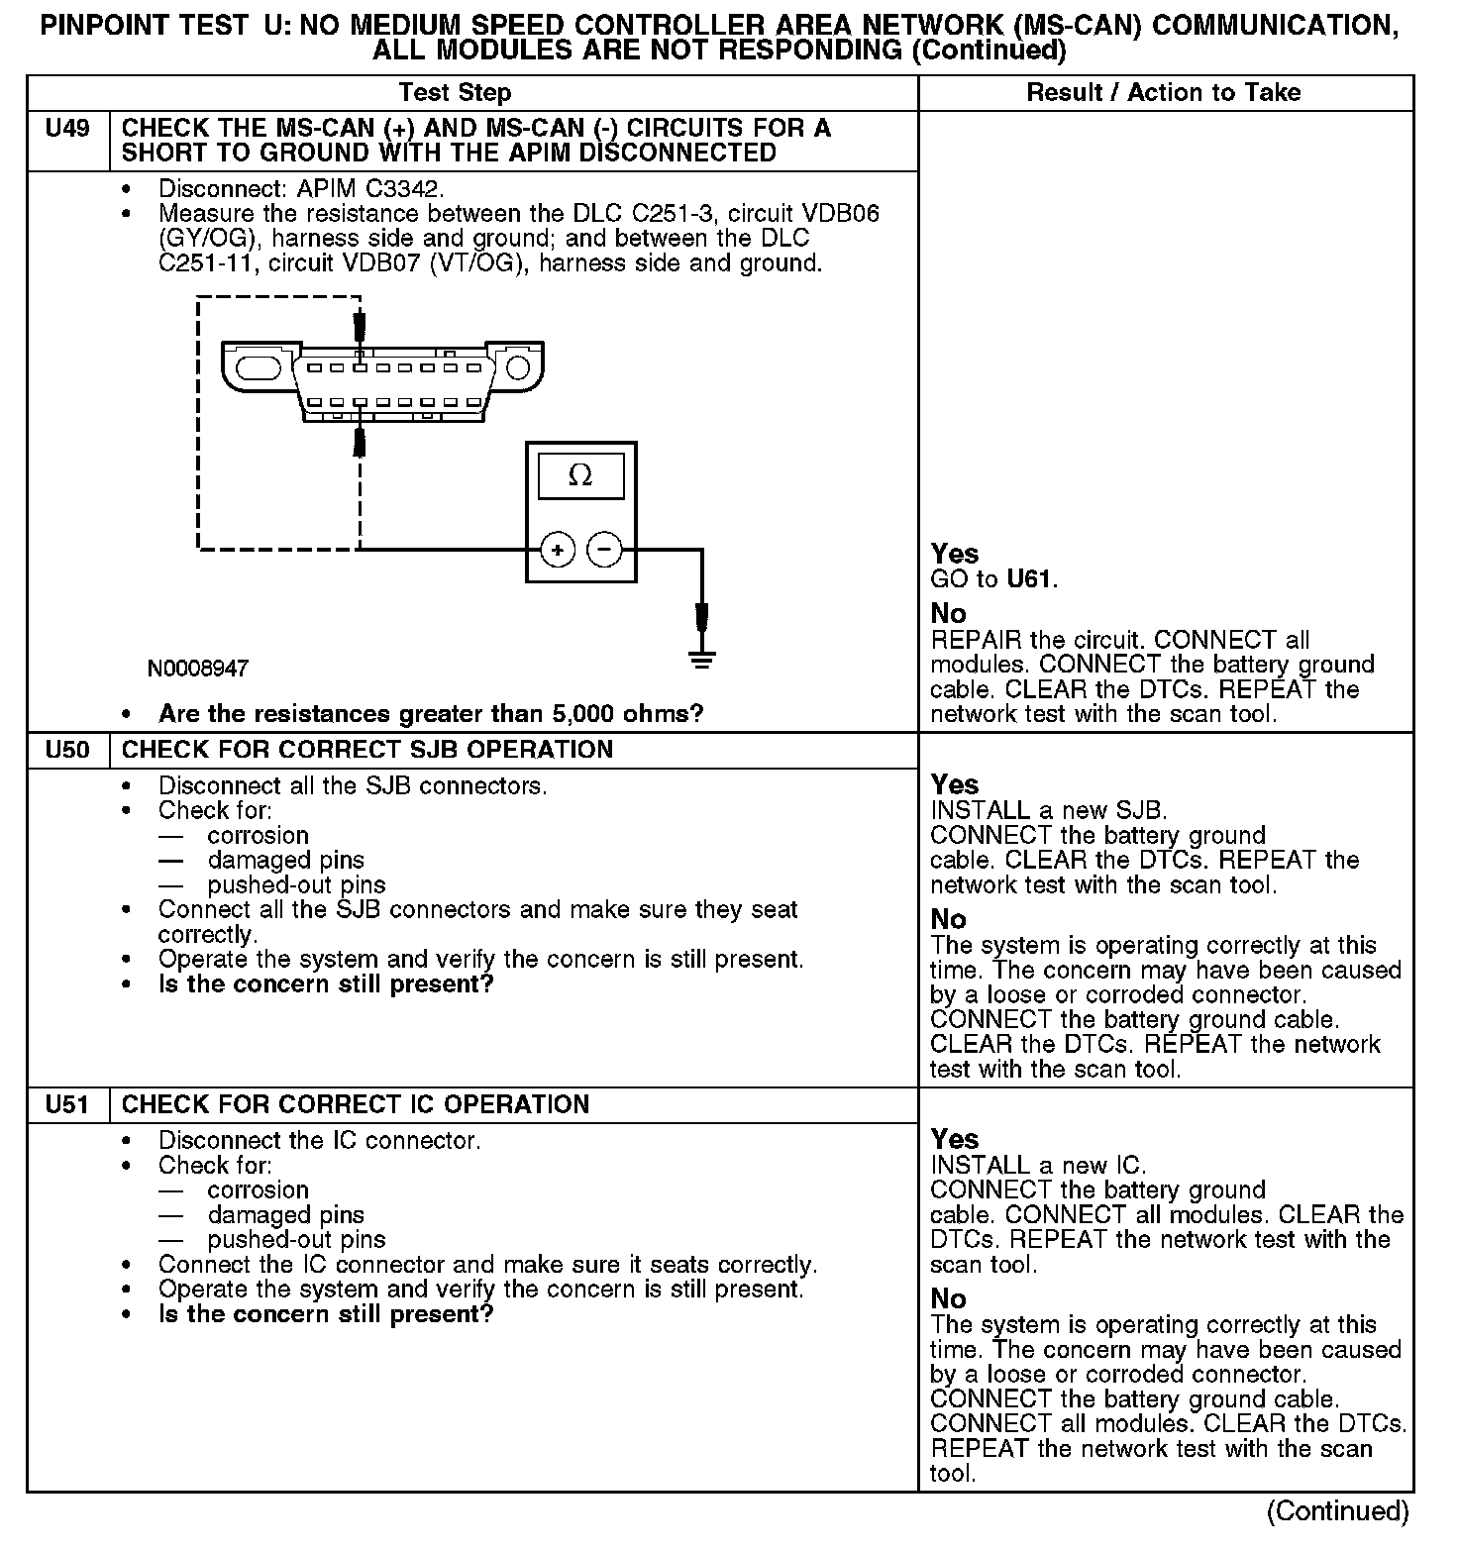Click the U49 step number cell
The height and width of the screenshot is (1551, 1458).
(x=67, y=130)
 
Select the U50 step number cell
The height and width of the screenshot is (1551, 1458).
(x=67, y=750)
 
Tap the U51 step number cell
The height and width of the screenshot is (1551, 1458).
(x=67, y=1104)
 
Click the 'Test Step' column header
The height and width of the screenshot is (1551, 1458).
(x=455, y=93)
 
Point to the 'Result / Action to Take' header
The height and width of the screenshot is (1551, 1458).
(x=1164, y=93)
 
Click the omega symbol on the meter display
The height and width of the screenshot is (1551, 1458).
(x=580, y=476)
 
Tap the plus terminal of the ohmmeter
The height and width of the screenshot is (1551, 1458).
(x=559, y=550)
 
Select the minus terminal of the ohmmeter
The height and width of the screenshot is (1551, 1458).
(x=605, y=550)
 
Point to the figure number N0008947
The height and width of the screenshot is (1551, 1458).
(x=198, y=669)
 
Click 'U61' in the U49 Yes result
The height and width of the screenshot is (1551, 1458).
(x=1029, y=579)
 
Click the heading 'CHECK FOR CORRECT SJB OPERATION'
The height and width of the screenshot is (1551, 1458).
(x=367, y=750)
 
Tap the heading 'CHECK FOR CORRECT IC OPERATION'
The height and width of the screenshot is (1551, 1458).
(x=356, y=1104)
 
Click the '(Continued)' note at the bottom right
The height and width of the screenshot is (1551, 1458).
(x=1337, y=1511)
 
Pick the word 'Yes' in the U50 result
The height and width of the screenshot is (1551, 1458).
(x=955, y=785)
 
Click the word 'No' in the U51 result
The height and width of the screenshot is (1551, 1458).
(x=948, y=1298)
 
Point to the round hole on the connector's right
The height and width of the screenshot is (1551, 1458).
(x=517, y=369)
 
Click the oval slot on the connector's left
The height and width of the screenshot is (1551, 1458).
(x=259, y=367)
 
